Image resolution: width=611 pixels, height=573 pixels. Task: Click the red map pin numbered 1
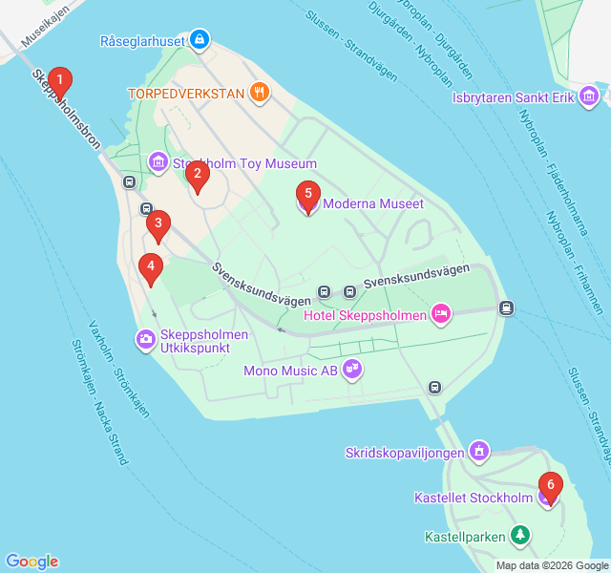point(60,82)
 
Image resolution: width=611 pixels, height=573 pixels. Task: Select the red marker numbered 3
point(158,226)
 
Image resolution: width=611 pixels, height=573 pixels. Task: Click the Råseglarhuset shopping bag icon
point(200,41)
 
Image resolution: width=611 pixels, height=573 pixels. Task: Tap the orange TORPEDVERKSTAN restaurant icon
point(260,93)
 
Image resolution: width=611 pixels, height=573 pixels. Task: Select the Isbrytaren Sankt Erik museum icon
point(589,96)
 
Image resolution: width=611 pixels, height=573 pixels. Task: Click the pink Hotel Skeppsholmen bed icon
point(440,313)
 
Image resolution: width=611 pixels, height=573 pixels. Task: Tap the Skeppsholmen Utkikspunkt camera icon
point(146,338)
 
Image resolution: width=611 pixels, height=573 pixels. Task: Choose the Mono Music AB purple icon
point(352,368)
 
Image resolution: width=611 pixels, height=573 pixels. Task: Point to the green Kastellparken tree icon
point(519,536)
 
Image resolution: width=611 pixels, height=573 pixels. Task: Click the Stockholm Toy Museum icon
point(158,163)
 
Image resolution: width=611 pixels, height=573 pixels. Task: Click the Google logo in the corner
point(32,562)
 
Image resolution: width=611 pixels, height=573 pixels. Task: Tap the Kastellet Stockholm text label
point(474,498)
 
